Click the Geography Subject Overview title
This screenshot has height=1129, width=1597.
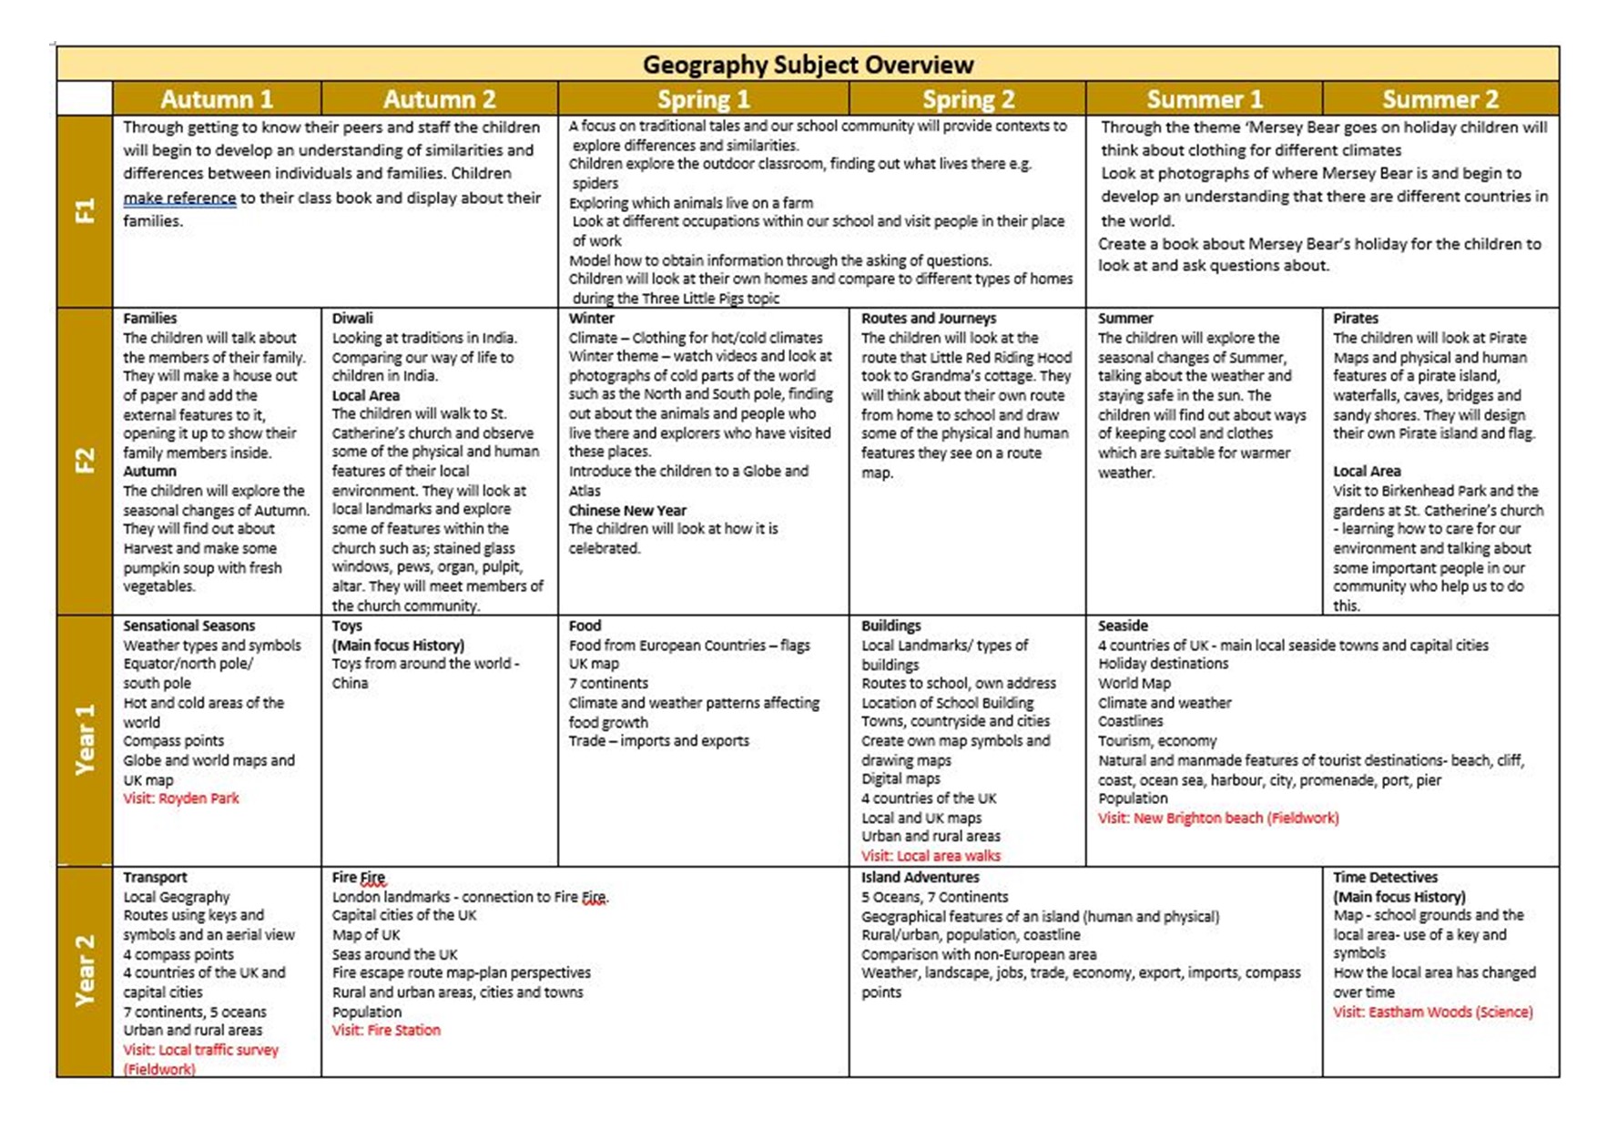(x=808, y=65)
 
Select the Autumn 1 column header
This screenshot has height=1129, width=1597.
(x=217, y=98)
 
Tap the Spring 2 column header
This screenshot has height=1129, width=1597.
(x=968, y=98)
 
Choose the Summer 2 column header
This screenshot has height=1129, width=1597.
(x=1439, y=98)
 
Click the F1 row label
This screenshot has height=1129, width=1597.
(x=85, y=211)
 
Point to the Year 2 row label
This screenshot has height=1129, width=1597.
(x=85, y=971)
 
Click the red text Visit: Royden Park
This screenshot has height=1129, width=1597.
(x=181, y=798)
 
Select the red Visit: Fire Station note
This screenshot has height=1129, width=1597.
(x=386, y=1030)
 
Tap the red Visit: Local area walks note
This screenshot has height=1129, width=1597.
(x=931, y=856)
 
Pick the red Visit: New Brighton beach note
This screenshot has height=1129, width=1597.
(x=1218, y=818)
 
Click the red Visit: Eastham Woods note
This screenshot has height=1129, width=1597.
(x=1433, y=1012)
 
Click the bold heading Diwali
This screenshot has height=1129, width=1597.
(x=352, y=318)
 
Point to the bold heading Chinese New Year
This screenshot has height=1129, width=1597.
(x=627, y=510)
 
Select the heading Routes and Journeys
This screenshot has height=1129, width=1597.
(x=929, y=318)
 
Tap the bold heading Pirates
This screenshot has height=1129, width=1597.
(x=1356, y=318)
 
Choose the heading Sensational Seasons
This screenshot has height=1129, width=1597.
(x=189, y=626)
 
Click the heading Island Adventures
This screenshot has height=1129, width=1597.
(x=921, y=877)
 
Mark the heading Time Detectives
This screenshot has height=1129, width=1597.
(x=1385, y=877)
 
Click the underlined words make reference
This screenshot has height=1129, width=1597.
(x=179, y=198)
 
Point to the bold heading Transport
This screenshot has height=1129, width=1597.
(x=155, y=877)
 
